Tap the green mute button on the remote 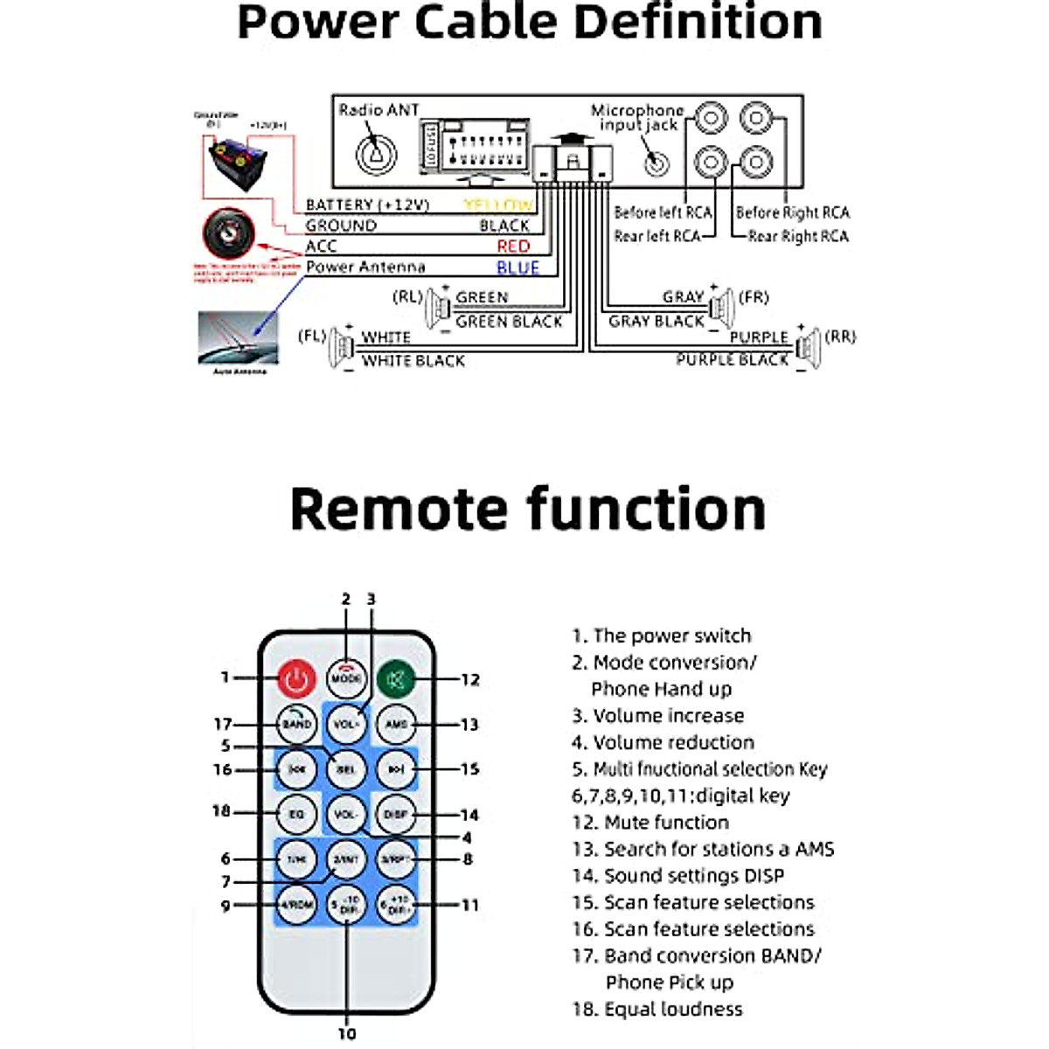point(396,679)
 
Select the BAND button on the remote point(296,724)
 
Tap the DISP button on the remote point(396,814)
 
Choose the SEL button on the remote point(346,769)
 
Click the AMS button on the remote point(396,724)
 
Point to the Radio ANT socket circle point(377,154)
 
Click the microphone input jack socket point(656,163)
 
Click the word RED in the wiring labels point(513,247)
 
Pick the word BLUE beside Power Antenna point(518,267)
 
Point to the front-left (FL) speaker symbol point(339,347)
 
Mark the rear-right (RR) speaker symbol point(809,347)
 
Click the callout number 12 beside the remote point(470,679)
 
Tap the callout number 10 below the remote point(347,1033)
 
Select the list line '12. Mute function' point(650,823)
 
